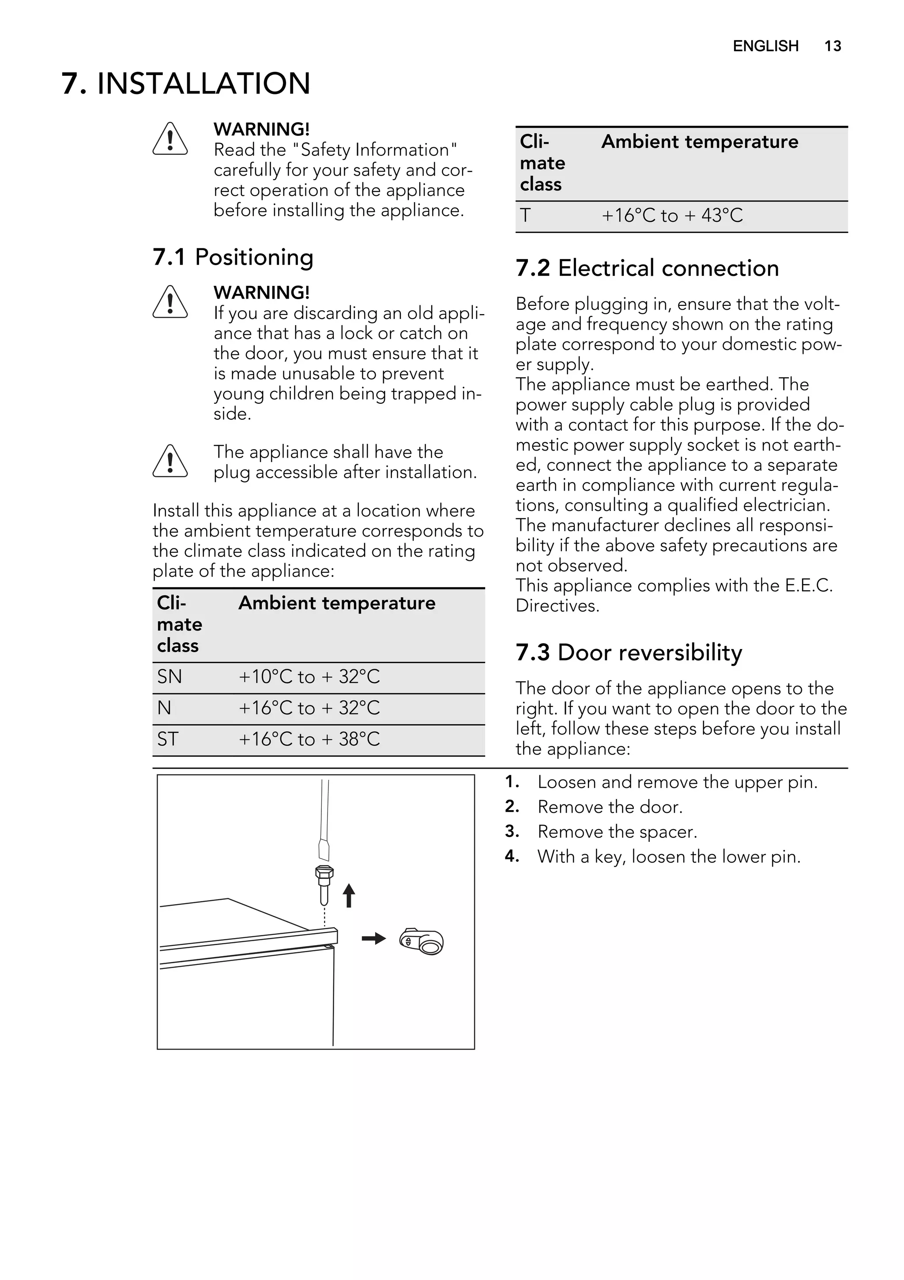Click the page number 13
point(832,46)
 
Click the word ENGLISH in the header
point(765,46)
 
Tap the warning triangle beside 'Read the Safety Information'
point(170,139)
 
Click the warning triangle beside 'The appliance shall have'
point(170,462)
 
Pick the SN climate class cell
point(169,677)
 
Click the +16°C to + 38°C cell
point(309,739)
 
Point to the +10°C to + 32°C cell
point(309,677)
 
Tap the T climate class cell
point(525,216)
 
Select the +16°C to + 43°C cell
point(672,216)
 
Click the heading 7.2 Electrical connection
point(647,268)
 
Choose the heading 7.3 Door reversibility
point(629,652)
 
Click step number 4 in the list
point(512,856)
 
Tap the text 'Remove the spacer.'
point(617,832)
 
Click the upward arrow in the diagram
point(349,895)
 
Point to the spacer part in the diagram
point(422,942)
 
